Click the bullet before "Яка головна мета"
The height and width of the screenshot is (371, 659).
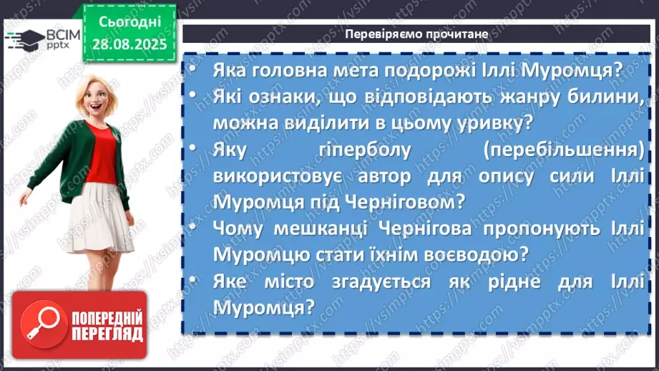click(x=197, y=71)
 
